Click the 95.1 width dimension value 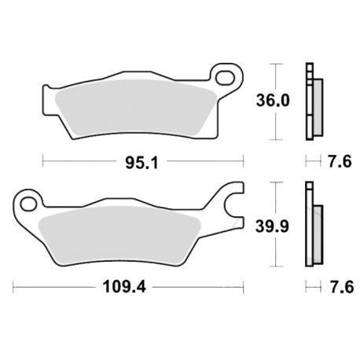coord(141,163)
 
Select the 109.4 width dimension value coord(124,287)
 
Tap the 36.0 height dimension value coord(273,101)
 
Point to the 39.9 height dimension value coord(272,226)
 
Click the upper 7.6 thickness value coord(340,161)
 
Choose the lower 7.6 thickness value coord(342,287)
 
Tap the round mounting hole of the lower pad coord(29,204)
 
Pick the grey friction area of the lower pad coord(119,234)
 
